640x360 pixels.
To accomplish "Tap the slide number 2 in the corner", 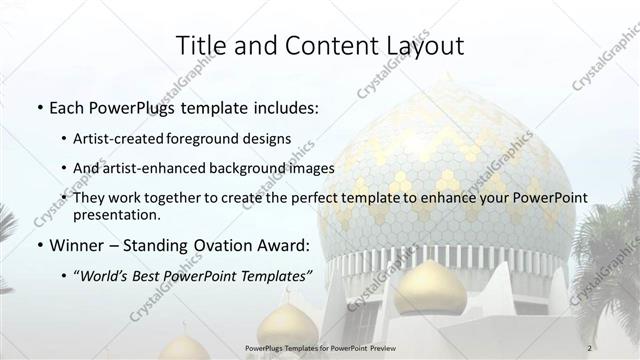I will click(x=590, y=347).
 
